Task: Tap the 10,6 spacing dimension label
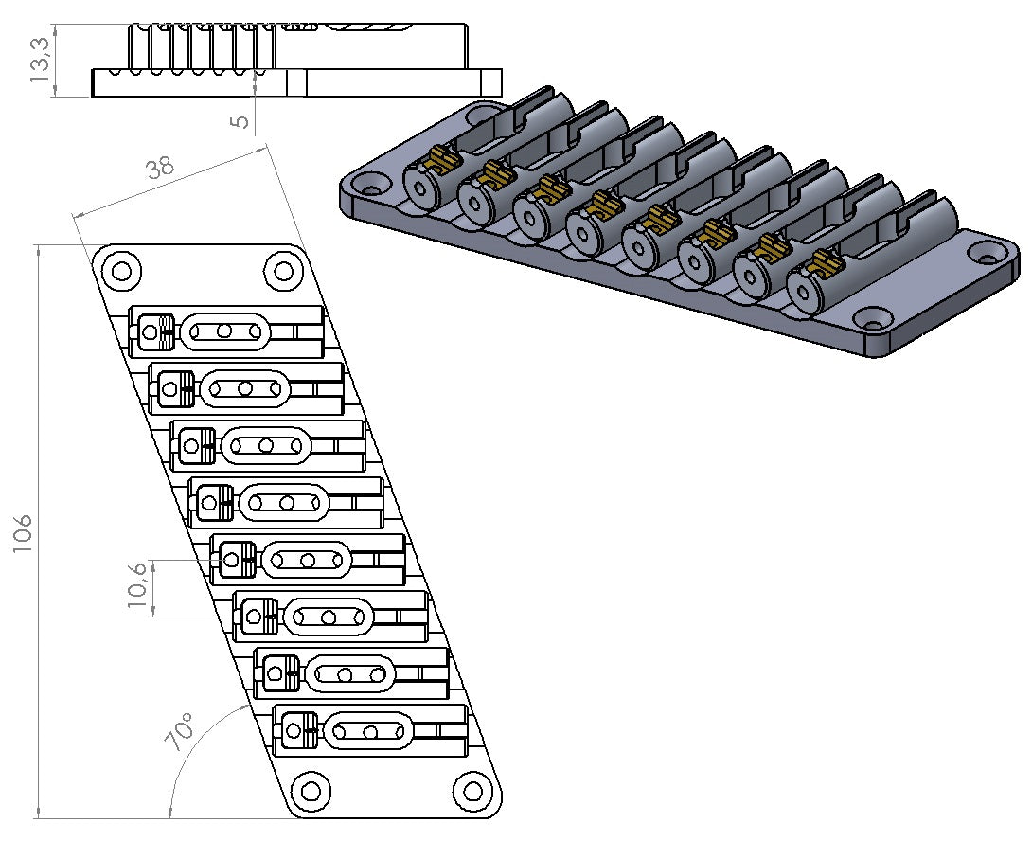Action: pyautogui.click(x=137, y=587)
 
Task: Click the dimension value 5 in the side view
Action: pyautogui.click(x=240, y=121)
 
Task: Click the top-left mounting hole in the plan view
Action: pyautogui.click(x=121, y=271)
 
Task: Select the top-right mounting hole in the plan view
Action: pyautogui.click(x=283, y=271)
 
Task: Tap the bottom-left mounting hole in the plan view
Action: pyautogui.click(x=308, y=789)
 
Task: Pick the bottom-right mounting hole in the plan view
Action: pyautogui.click(x=470, y=789)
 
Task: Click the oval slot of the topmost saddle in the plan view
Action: pyautogui.click(x=224, y=331)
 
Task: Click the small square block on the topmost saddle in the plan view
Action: pyautogui.click(x=150, y=331)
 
